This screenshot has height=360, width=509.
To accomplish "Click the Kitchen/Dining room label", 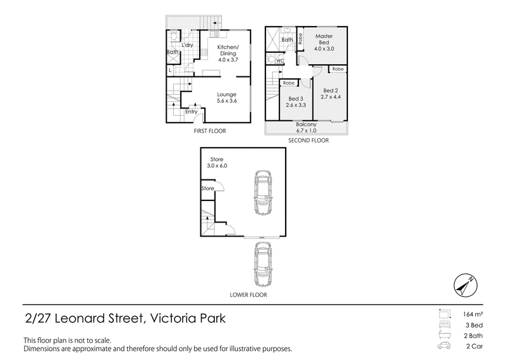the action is [x=228, y=53].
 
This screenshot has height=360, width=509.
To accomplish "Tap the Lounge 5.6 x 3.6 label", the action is [x=227, y=97].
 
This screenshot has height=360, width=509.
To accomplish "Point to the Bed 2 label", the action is [x=330, y=93].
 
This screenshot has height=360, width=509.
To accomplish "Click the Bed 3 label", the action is [x=296, y=102].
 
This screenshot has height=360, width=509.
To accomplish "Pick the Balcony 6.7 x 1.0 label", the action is [x=306, y=127].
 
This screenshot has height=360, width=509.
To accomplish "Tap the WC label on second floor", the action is [x=280, y=60].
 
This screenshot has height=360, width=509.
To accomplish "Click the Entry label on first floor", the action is [x=192, y=112].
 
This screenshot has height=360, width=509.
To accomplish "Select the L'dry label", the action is [x=187, y=45].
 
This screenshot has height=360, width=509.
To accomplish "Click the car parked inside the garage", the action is [x=263, y=192].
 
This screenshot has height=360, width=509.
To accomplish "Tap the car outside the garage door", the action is [x=263, y=265].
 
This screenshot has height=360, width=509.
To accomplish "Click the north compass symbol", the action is [x=466, y=286].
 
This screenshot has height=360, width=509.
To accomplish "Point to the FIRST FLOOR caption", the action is [x=210, y=131].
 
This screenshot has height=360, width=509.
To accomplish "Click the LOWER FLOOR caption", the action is [x=248, y=294].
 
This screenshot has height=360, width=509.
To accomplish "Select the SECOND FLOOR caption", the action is [x=309, y=140].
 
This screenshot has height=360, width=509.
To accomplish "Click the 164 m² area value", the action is [x=473, y=314].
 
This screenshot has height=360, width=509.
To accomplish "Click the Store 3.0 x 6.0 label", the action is [x=217, y=162].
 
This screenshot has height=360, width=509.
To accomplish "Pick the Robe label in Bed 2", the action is [x=338, y=69].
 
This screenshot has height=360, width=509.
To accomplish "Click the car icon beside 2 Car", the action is [x=444, y=346].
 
